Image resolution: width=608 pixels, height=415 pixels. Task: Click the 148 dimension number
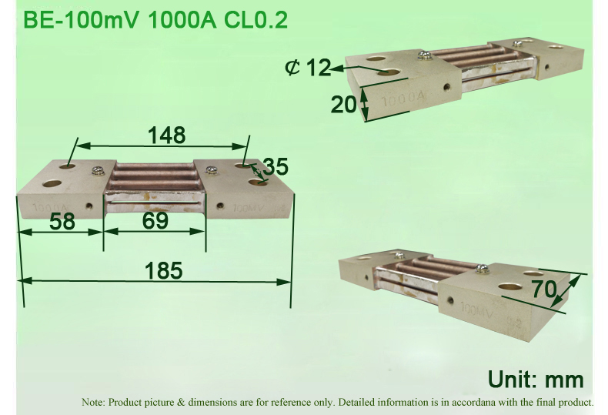(x=167, y=136)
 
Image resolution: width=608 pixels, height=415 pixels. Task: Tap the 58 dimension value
(x=62, y=222)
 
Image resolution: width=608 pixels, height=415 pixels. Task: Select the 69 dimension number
(x=155, y=222)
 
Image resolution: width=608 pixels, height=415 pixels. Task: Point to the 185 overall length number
(x=163, y=270)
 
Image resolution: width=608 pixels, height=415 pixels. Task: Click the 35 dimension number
(x=275, y=166)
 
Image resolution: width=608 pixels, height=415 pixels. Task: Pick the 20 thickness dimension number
(x=344, y=104)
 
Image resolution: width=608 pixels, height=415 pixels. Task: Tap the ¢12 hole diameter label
(x=307, y=68)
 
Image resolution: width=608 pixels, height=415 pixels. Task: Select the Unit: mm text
(x=536, y=379)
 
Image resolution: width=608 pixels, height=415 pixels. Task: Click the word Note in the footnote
(x=93, y=402)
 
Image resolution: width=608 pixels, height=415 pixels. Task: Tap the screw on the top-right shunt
(x=423, y=54)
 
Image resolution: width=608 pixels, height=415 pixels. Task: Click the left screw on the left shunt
(x=98, y=171)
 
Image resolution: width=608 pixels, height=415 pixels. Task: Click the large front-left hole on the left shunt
(x=52, y=185)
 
